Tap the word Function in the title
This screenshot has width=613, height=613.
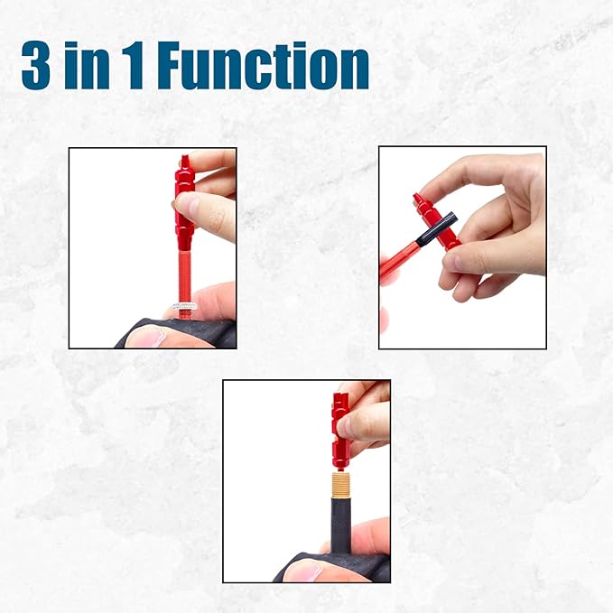click(x=263, y=66)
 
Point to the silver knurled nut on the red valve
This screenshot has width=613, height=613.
click(x=185, y=308)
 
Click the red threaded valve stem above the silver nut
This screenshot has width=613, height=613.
click(x=184, y=271)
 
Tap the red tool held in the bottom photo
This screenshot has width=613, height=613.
click(x=340, y=424)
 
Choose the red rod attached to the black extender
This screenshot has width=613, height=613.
click(x=397, y=261)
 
